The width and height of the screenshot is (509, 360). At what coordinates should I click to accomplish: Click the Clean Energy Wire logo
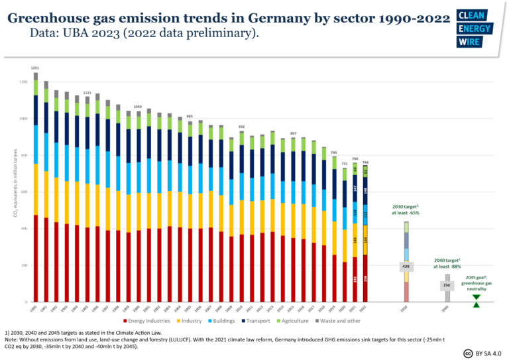coord(475,29)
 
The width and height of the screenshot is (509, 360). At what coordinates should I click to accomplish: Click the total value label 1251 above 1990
coord(35,68)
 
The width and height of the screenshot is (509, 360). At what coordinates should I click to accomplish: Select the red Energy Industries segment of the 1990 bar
coord(36,258)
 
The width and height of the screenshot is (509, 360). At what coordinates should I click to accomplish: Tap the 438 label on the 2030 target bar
coord(406,267)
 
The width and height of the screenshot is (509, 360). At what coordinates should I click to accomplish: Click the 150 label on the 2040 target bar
coord(447,285)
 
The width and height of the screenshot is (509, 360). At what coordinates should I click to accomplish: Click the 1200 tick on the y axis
coord(24,82)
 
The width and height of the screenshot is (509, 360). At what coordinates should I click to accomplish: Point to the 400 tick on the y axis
coord(25,229)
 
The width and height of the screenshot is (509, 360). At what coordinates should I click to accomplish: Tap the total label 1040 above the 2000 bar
coord(137,106)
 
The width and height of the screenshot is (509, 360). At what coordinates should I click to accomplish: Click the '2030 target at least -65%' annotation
coord(406,210)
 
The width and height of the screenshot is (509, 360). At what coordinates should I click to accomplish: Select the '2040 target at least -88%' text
coord(447,263)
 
